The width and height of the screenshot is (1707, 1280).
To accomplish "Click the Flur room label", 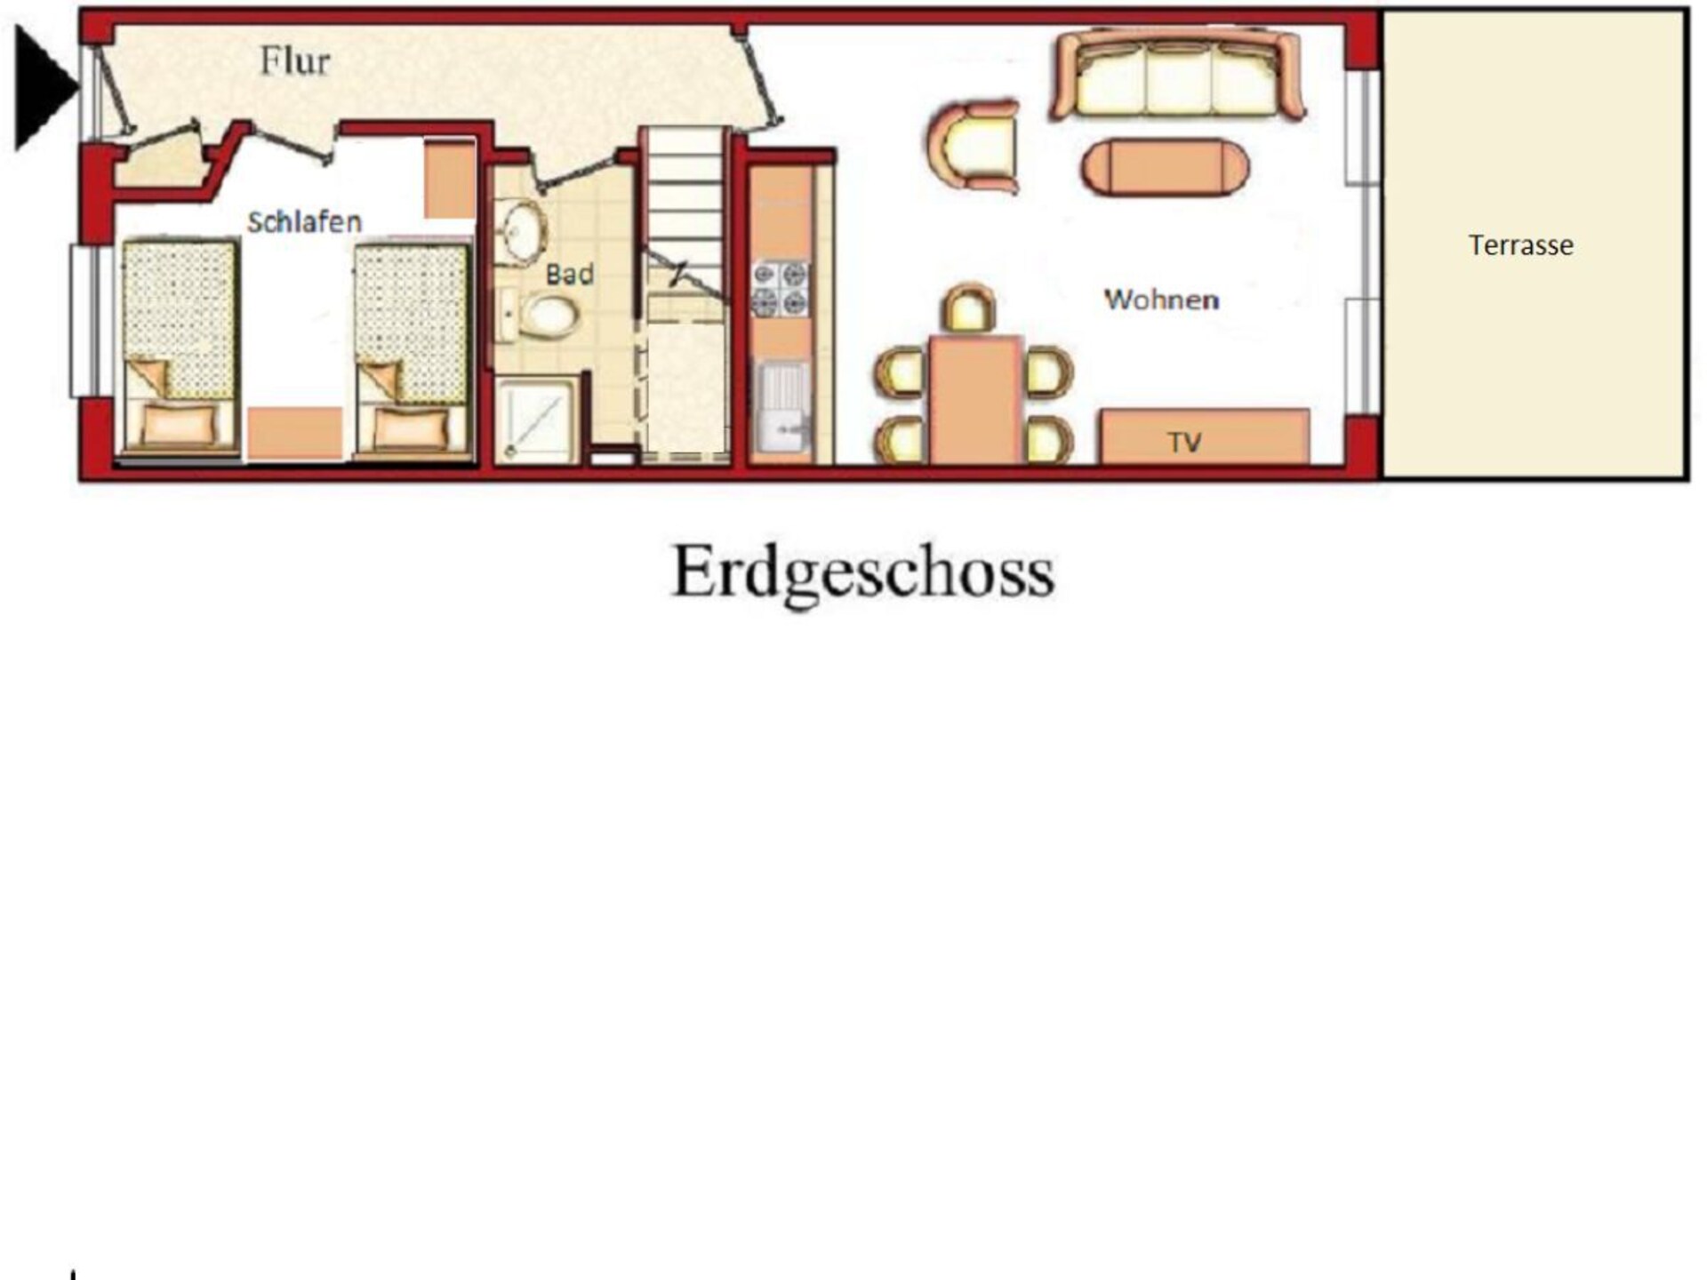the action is click(x=294, y=61).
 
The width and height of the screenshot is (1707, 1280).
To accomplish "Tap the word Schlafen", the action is click(x=304, y=222).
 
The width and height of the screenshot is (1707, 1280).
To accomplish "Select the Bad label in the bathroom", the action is click(x=569, y=274).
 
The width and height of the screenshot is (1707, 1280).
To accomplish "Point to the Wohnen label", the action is click(x=1161, y=300).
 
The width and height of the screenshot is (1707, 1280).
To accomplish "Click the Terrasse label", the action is click(x=1520, y=245).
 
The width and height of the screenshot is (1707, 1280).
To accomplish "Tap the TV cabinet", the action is click(x=1205, y=436).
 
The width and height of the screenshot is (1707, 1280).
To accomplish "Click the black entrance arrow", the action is click(x=45, y=87).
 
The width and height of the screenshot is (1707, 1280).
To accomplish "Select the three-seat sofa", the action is click(x=1177, y=75).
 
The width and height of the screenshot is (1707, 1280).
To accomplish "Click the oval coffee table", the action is click(x=1165, y=167).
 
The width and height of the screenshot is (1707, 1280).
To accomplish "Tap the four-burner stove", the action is click(x=780, y=289).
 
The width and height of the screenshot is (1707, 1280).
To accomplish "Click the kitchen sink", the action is click(x=783, y=407).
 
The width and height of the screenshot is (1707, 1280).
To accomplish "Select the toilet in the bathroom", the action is click(x=540, y=316).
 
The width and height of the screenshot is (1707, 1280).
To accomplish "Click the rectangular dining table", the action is click(x=975, y=400).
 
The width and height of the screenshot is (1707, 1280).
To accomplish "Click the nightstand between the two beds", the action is click(x=294, y=434).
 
